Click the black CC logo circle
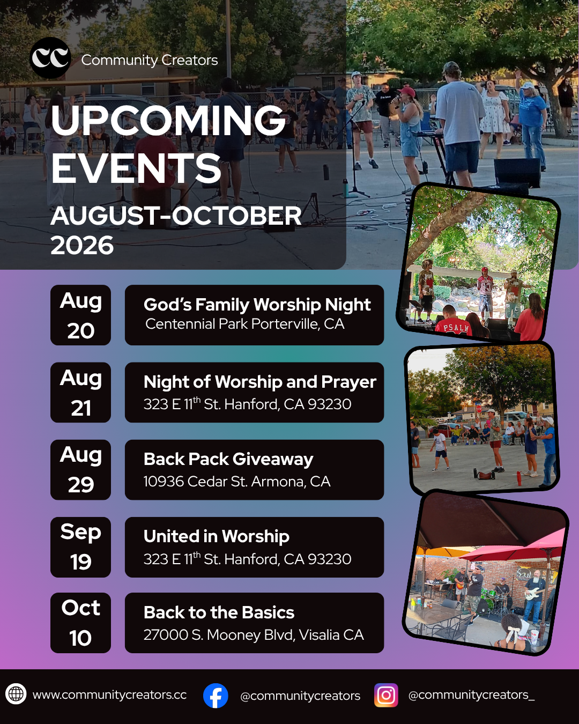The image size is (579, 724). click(50, 58)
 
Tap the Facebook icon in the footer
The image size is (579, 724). click(216, 696)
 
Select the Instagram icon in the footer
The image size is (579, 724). click(386, 695)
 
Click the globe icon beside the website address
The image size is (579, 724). click(16, 694)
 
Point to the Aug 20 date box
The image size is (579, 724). click(81, 315)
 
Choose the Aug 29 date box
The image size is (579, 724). click(81, 470)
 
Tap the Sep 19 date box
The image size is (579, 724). click(81, 547)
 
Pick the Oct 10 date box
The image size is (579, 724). click(81, 623)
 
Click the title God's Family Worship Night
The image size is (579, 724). click(257, 305)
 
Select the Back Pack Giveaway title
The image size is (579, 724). click(228, 460)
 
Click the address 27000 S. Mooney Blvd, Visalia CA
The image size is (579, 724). click(254, 635)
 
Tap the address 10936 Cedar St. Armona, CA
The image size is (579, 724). click(237, 482)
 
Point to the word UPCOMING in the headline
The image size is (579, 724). click(168, 120)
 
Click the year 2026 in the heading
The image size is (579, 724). click(82, 245)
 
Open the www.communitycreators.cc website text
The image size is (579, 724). click(110, 695)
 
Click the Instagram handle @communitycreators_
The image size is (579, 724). click(471, 695)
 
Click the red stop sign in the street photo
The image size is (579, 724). click(479, 409)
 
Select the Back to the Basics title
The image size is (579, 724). click(219, 612)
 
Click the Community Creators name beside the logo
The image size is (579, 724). click(150, 60)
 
